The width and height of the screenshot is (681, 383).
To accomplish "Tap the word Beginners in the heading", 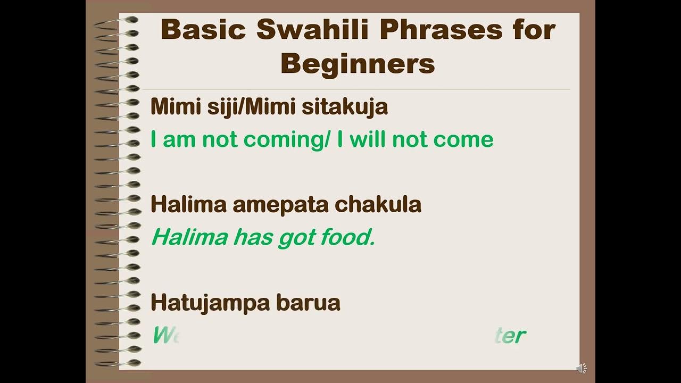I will [x=358, y=64].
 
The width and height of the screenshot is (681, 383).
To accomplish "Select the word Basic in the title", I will [x=204, y=30].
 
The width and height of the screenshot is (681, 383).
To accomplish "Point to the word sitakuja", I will [x=345, y=107].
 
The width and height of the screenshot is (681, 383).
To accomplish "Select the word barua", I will [x=309, y=303].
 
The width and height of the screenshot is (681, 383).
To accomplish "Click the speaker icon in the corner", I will [x=582, y=368].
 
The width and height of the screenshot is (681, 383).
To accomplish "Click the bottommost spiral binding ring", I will [x=118, y=363].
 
